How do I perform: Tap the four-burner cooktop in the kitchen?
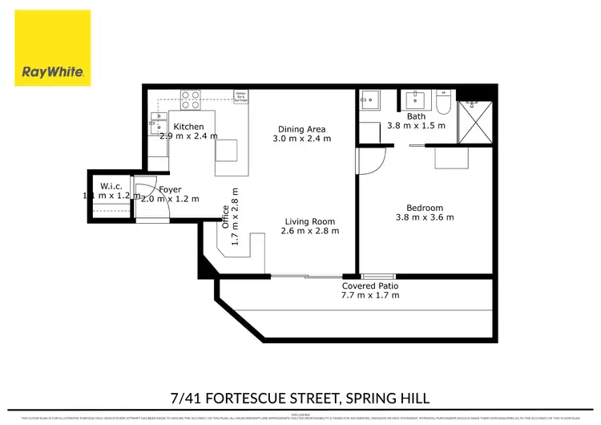pyautogui.click(x=190, y=100)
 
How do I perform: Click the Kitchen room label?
pyautogui.click(x=189, y=127)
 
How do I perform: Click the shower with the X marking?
pyautogui.click(x=472, y=123)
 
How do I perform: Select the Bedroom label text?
pyautogui.click(x=425, y=207)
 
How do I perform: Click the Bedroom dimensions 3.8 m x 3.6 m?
pyautogui.click(x=425, y=217)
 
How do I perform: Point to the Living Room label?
pyautogui.click(x=310, y=221)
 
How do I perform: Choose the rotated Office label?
pyautogui.click(x=226, y=219)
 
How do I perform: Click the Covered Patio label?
pyautogui.click(x=370, y=285)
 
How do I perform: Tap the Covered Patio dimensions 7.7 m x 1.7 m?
pyautogui.click(x=370, y=296)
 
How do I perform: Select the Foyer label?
pyautogui.click(x=169, y=189)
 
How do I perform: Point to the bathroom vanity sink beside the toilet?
pyautogui.click(x=416, y=100)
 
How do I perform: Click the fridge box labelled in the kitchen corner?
pyautogui.click(x=240, y=97)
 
